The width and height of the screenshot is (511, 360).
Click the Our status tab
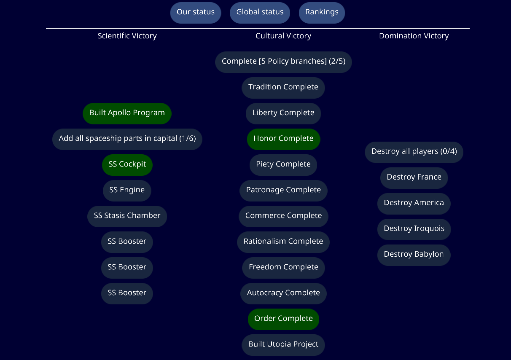[x=196, y=12]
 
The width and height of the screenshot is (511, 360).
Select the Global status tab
[x=260, y=12]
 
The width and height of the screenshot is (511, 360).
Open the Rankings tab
[x=322, y=12]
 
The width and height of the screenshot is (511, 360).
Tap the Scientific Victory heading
[x=127, y=36]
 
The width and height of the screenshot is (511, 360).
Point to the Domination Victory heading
[x=414, y=36]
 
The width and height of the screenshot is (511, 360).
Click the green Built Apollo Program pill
[x=127, y=113]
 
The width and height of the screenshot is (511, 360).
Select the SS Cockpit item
[x=127, y=164]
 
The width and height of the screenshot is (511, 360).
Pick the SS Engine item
[x=127, y=190]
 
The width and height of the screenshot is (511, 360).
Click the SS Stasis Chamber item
[x=127, y=216]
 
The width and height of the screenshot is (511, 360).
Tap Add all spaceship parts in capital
[x=127, y=139]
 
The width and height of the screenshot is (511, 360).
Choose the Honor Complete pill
[x=283, y=139]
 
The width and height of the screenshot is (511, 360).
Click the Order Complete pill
[x=283, y=319]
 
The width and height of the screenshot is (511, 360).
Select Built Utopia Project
[x=283, y=344]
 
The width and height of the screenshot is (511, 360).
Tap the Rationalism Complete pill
[x=283, y=242]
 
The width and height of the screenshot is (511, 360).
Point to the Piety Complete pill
[x=283, y=164]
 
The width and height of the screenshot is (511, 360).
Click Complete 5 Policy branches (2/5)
[x=283, y=62]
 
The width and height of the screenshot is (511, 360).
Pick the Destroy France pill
[x=414, y=177]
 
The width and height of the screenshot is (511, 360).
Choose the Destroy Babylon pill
[x=414, y=255]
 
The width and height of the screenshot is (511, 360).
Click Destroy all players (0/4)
[x=414, y=152]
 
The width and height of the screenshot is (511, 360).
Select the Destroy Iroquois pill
[x=414, y=229]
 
